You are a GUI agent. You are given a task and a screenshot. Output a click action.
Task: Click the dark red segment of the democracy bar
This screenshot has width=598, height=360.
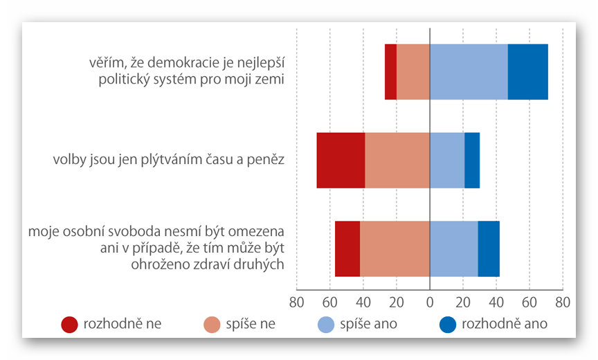click(391, 71)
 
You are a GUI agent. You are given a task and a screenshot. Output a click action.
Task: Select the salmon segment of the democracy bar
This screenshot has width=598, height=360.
click(413, 71)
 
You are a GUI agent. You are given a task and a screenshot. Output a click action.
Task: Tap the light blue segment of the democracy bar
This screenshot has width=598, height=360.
click(469, 71)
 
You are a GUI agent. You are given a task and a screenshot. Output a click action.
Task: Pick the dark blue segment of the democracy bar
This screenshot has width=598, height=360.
click(527, 71)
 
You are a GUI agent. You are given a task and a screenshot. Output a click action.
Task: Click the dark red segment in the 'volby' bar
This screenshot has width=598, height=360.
click(341, 160)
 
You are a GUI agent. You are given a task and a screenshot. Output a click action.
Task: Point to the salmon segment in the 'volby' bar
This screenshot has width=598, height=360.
click(397, 160)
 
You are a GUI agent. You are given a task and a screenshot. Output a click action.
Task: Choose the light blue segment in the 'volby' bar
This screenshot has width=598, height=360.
click(447, 160)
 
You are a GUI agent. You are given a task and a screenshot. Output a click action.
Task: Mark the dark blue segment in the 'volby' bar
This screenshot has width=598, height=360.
click(472, 160)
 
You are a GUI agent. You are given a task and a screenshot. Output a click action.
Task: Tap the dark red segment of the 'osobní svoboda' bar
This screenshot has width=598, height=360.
click(347, 249)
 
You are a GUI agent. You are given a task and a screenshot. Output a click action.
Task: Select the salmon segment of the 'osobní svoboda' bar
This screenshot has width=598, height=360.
click(395, 249)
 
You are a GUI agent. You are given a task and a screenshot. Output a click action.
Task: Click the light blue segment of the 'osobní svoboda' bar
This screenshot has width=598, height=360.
click(454, 249)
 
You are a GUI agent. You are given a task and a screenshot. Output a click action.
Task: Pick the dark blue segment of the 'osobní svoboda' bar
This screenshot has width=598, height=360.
click(489, 249)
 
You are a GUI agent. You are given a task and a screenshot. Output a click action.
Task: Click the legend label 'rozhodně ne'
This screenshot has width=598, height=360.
click(122, 323)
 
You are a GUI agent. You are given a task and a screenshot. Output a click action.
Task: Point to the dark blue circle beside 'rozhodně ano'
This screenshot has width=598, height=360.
click(448, 324)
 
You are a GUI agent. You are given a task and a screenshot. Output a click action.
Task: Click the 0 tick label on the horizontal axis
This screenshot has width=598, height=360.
click(430, 302)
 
